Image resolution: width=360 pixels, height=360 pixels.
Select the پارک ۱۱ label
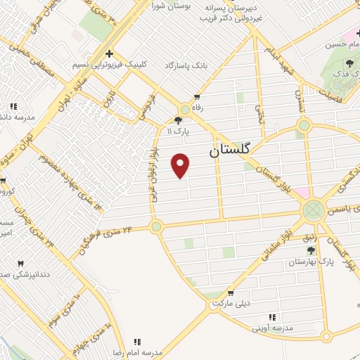[179, 131]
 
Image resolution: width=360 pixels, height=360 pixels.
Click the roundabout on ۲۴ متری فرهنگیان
[155, 226]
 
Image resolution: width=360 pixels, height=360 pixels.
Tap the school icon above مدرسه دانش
[13, 106]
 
